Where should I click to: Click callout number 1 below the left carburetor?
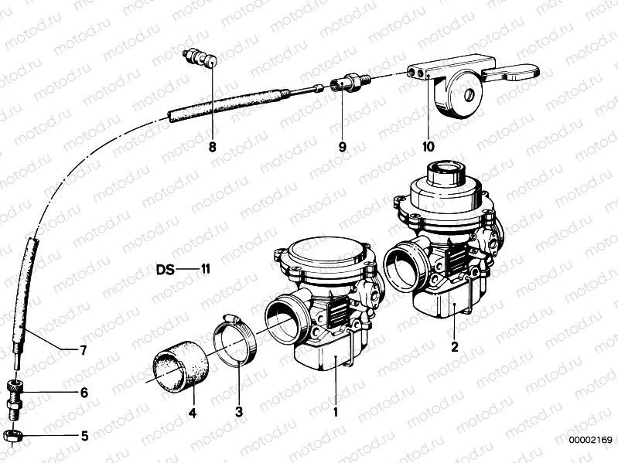pyautogui.click(x=336, y=413)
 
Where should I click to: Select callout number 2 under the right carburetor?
pyautogui.click(x=455, y=347)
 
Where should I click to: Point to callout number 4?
pyautogui.click(x=192, y=413)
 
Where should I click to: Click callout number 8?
pyautogui.click(x=211, y=145)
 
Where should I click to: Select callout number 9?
pyautogui.click(x=341, y=145)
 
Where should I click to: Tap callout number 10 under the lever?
pyautogui.click(x=428, y=145)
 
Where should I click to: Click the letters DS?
pyautogui.click(x=165, y=271)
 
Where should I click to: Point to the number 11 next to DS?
pyautogui.click(x=204, y=271)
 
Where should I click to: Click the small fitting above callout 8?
pyautogui.click(x=201, y=59)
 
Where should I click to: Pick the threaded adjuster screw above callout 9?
pyautogui.click(x=346, y=81)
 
